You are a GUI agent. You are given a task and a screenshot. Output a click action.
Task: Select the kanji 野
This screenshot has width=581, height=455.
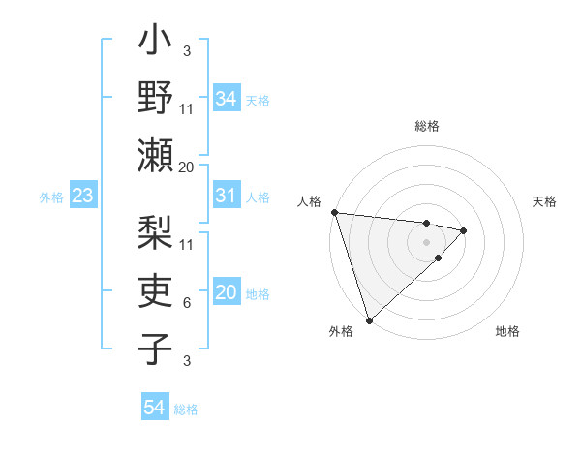click(155, 100)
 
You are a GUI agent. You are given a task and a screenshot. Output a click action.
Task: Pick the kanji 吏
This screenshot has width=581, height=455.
click(155, 289)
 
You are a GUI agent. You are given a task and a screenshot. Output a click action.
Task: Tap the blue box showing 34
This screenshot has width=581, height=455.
click(226, 99)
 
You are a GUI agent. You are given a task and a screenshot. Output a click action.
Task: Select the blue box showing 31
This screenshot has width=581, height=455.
click(226, 196)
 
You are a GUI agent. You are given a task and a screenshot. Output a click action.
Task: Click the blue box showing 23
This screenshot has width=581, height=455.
click(83, 197)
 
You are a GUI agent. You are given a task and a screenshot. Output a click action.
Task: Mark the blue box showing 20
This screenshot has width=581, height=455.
click(226, 293)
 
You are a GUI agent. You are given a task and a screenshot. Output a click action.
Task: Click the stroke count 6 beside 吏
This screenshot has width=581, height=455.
click(187, 303)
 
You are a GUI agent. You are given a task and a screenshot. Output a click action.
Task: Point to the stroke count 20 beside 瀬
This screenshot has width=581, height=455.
click(187, 167)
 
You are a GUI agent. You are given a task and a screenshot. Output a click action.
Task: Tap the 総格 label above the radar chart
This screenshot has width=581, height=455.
click(426, 126)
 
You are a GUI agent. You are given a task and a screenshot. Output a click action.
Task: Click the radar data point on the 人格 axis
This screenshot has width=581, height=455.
click(334, 212)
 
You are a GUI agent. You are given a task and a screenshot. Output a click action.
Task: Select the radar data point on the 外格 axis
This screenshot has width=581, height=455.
click(369, 318)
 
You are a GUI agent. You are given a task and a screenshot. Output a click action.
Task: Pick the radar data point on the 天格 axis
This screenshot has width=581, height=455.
click(464, 230)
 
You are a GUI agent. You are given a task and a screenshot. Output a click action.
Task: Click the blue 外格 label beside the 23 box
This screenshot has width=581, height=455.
click(51, 197)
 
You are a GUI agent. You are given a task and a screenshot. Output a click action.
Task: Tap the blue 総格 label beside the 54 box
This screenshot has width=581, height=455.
click(186, 409)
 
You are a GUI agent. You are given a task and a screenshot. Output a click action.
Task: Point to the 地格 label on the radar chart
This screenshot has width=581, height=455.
click(507, 331)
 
